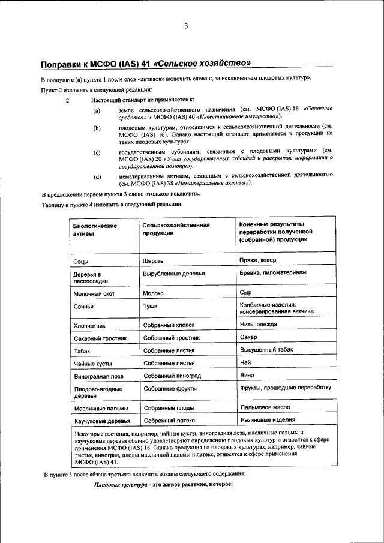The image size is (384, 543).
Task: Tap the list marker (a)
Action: pos(97,112)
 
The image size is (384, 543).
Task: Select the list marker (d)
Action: pos(97,176)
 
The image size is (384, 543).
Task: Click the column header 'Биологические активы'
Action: pos(95,230)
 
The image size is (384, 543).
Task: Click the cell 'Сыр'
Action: pos(245,293)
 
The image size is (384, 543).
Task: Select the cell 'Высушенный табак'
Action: pos(266,350)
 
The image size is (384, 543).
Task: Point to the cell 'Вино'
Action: pos(247,374)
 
